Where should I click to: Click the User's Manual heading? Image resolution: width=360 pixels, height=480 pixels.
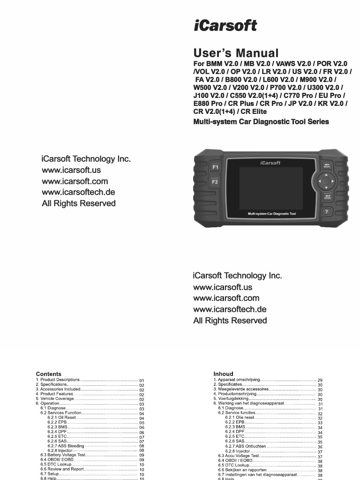click(236, 53)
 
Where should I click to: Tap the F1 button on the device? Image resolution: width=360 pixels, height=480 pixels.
click(215, 167)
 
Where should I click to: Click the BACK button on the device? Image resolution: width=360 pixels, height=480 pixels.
click(327, 165)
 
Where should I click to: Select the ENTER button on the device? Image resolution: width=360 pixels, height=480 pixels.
click(327, 197)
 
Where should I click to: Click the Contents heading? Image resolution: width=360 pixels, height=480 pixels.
click(48, 374)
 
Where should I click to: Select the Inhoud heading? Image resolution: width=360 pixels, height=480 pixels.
click(223, 374)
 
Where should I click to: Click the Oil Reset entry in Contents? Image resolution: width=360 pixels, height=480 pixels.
click(63, 417)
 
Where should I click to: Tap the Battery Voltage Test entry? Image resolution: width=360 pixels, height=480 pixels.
click(62, 455)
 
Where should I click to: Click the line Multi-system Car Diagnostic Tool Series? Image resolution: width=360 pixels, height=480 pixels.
click(261, 122)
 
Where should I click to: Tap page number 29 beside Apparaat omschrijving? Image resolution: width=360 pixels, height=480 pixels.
click(320, 380)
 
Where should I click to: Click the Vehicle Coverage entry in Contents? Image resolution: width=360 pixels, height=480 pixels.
click(55, 398)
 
